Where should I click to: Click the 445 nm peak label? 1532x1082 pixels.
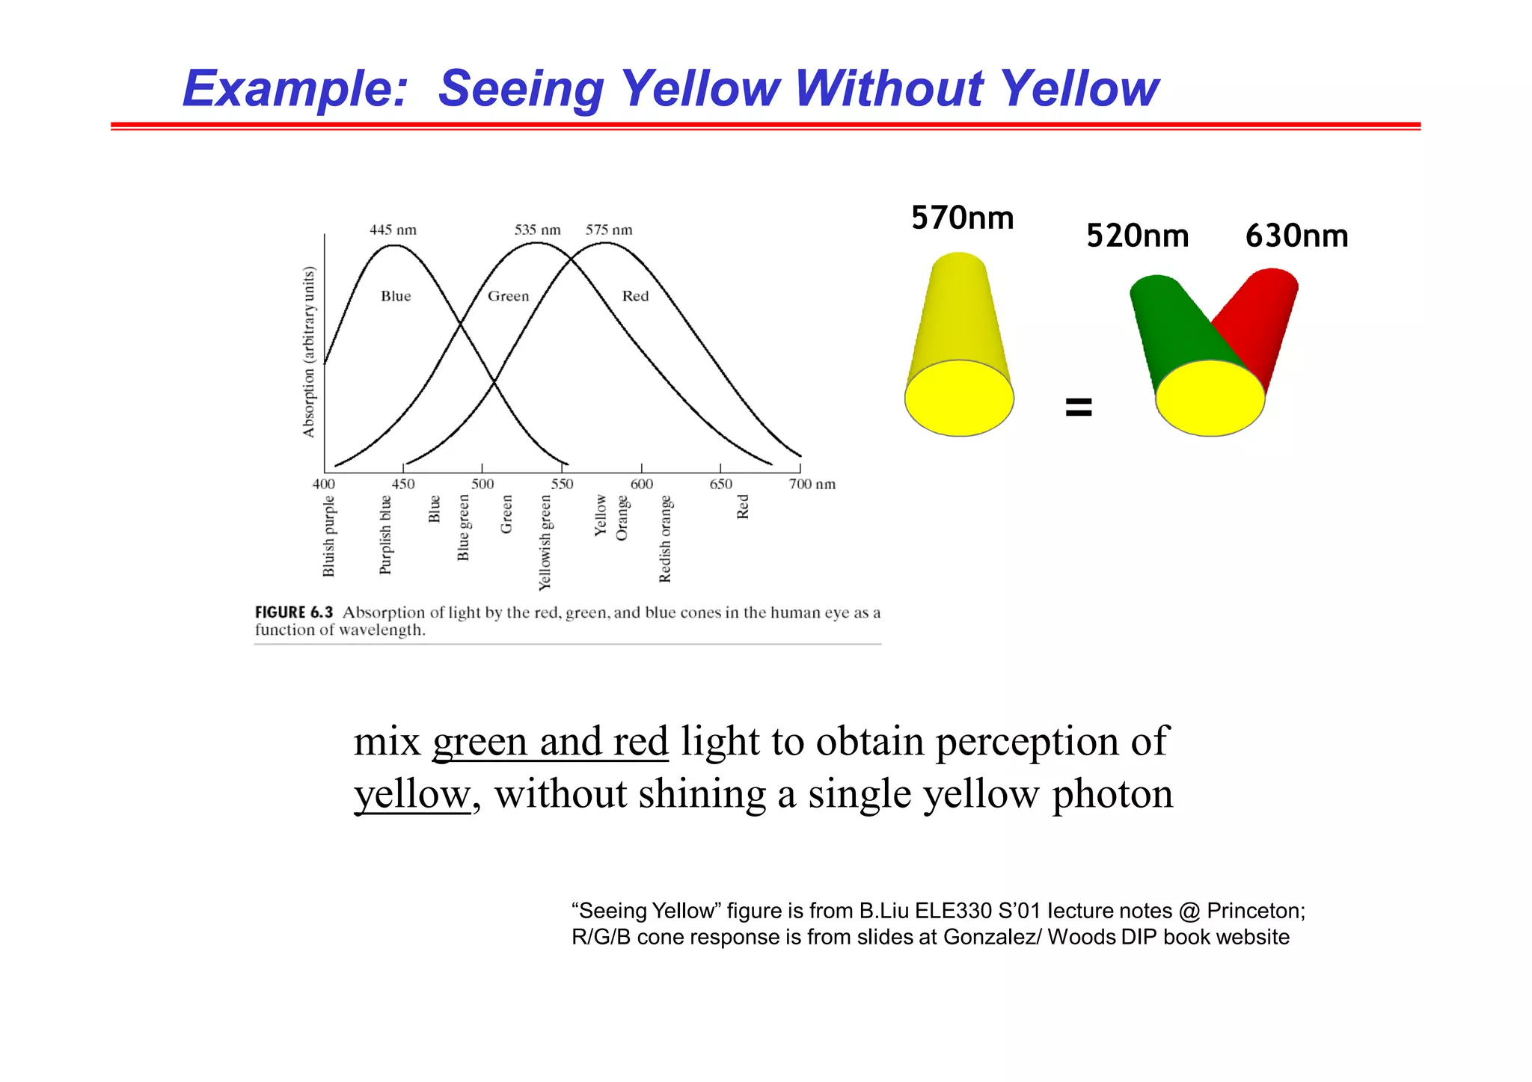(393, 230)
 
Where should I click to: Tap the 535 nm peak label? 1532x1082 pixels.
(537, 230)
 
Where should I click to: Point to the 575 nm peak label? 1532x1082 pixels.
(609, 230)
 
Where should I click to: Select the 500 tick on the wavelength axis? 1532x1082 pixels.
(482, 484)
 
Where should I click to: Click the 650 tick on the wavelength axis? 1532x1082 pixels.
(720, 484)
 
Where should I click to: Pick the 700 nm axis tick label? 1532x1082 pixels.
(812, 484)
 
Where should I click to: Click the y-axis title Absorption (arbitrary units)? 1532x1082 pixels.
(309, 351)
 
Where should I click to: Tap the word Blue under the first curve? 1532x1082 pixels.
(396, 296)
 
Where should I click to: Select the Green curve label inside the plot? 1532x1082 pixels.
(508, 296)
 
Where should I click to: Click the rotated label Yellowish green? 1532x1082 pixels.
(545, 542)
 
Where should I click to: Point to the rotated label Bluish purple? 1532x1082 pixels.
(328, 536)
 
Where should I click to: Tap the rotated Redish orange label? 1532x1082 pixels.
(665, 538)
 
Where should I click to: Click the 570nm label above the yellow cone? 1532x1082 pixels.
(962, 218)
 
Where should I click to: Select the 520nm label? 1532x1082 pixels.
(1137, 236)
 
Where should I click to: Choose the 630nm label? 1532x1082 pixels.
(1296, 236)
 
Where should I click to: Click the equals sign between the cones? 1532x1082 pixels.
(1078, 408)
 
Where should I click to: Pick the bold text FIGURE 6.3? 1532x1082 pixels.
(293, 612)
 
